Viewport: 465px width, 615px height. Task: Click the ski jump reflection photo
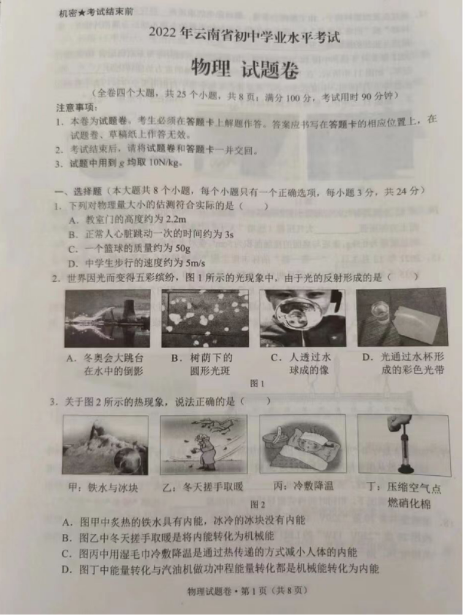click(107, 318)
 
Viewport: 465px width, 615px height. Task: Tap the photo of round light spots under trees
click(205, 318)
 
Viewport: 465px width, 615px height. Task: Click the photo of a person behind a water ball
click(301, 318)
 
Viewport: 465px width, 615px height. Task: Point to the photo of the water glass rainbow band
click(401, 316)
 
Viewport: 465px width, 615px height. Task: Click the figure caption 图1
click(257, 384)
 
